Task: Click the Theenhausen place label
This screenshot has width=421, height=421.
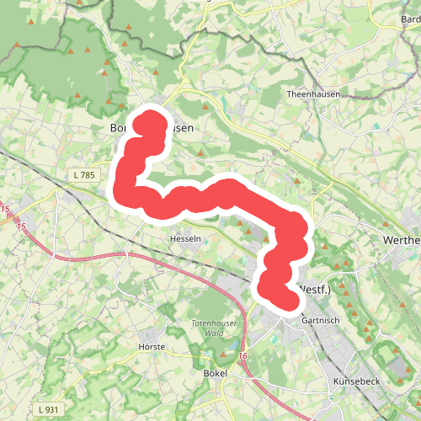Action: tap(313, 94)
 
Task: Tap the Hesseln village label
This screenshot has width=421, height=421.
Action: tap(186, 238)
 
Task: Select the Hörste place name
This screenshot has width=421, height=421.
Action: tap(151, 346)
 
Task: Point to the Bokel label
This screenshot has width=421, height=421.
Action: tap(216, 371)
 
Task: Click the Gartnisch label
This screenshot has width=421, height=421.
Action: tap(319, 321)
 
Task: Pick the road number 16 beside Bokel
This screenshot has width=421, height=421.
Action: tap(242, 357)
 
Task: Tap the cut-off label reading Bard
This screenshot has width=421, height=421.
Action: tap(410, 18)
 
